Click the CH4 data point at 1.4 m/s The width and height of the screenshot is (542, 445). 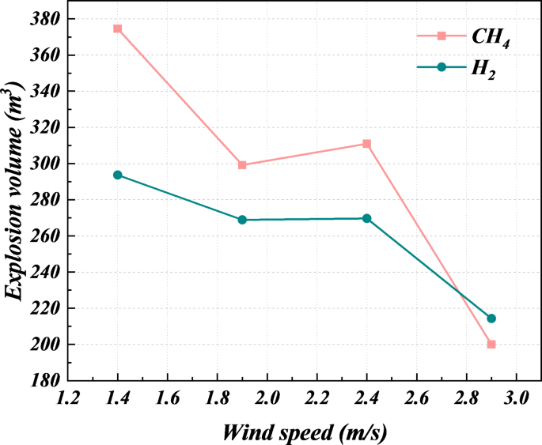click(118, 28)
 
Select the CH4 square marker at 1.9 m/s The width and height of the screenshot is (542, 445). click(242, 165)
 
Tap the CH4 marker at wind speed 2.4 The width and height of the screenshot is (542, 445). click(366, 144)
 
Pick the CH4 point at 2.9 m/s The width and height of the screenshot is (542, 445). click(491, 345)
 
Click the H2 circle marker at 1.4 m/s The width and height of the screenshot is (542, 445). click(118, 175)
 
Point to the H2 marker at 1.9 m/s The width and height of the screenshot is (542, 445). click(242, 220)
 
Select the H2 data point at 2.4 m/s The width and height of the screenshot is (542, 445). click(366, 218)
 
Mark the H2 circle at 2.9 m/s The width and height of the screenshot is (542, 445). click(491, 319)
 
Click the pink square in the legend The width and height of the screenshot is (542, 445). click(442, 36)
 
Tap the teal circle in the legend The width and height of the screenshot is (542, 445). click(442, 67)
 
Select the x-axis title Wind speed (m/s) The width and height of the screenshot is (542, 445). click(305, 431)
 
